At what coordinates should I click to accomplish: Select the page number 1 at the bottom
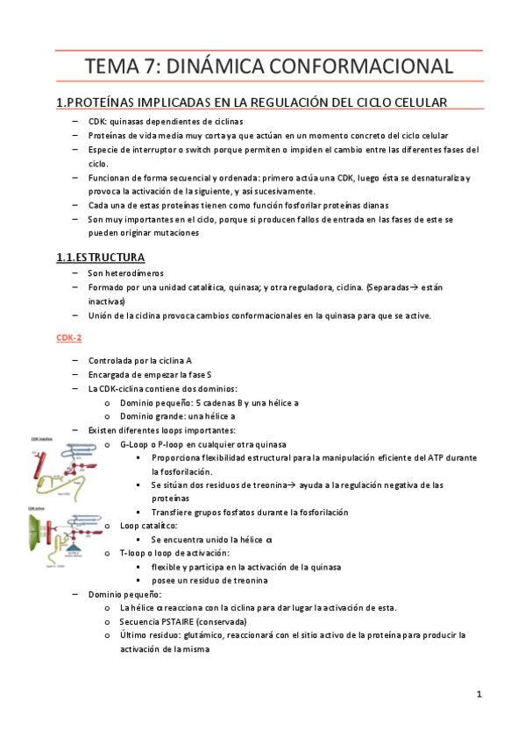pyautogui.click(x=479, y=695)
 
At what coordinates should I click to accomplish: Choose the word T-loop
pyautogui.click(x=135, y=554)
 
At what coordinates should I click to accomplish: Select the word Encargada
pyautogui.click(x=113, y=374)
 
